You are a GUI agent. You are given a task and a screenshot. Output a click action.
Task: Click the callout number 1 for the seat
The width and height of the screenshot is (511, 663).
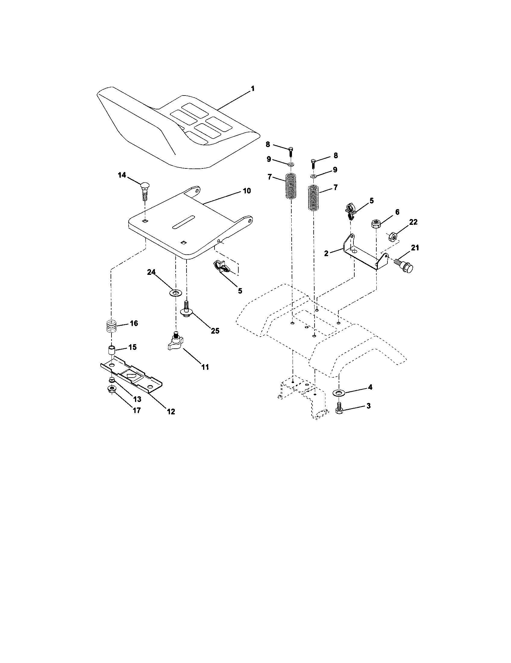[x=252, y=89]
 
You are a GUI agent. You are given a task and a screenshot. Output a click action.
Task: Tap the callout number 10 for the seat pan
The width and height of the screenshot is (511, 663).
[x=246, y=191]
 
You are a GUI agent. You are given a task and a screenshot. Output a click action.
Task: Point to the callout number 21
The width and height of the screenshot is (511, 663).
[x=415, y=248]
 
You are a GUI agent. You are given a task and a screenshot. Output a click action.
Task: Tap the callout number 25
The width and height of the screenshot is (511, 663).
[x=215, y=331]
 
